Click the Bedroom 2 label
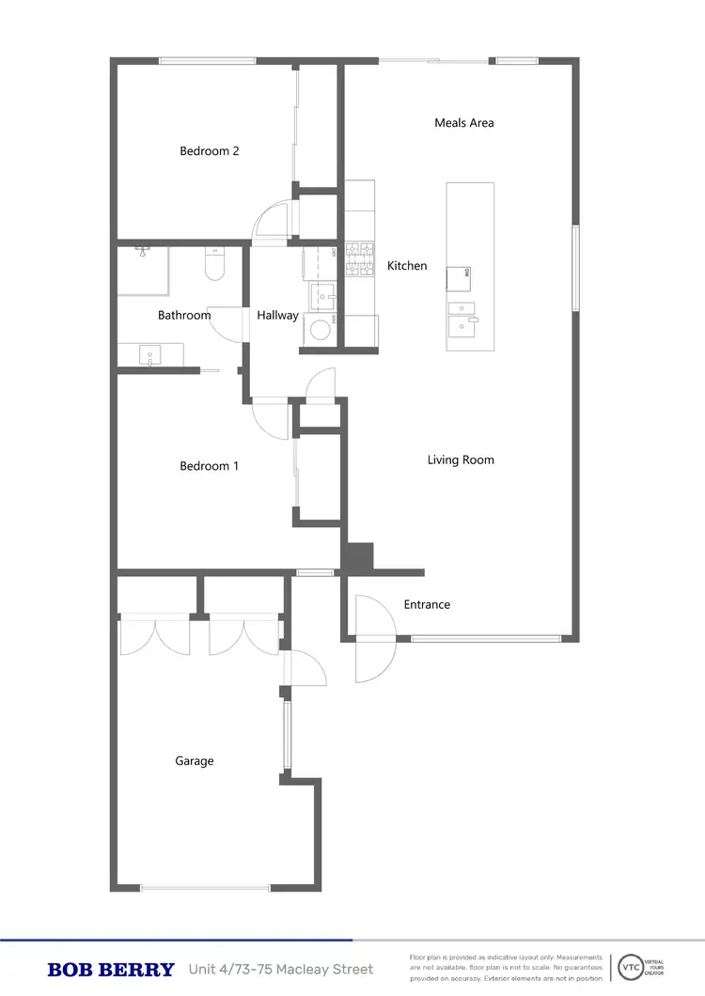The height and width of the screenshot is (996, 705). [x=209, y=151]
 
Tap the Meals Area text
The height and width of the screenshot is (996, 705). [x=463, y=123]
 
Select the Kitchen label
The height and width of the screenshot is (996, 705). [x=407, y=266]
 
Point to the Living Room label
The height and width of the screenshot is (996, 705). [x=461, y=460]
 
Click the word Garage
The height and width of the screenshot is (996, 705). [x=195, y=761]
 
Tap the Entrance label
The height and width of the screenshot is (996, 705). [x=427, y=605]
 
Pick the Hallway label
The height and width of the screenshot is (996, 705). [x=277, y=316]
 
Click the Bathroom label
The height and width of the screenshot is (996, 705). [x=184, y=316]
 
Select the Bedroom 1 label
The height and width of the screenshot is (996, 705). [x=209, y=466]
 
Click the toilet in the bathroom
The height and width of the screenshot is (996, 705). [x=214, y=266]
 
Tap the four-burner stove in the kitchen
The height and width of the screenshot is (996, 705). [x=359, y=260]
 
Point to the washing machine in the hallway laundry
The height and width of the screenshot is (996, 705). [x=321, y=330]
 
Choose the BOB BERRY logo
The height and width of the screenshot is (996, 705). [x=111, y=970]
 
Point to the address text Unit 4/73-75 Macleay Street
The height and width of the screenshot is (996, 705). [x=281, y=970]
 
